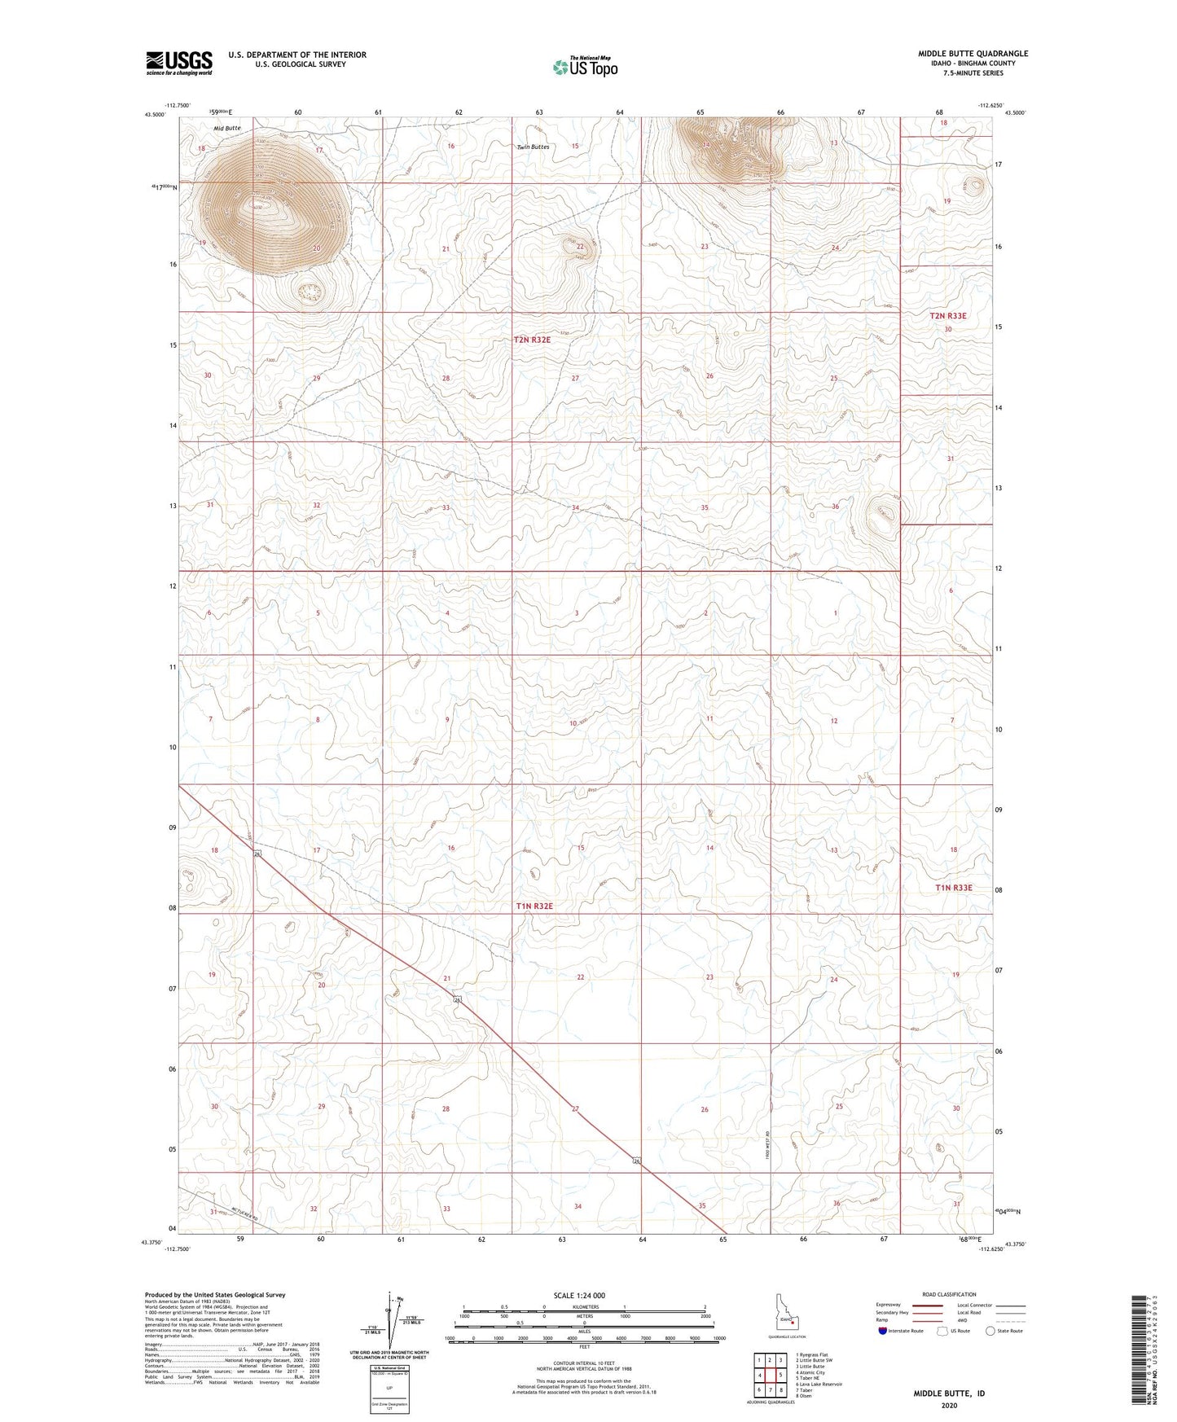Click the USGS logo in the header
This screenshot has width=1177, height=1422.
click(179, 62)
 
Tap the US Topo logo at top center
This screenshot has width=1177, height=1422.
click(584, 67)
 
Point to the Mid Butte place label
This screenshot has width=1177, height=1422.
click(227, 129)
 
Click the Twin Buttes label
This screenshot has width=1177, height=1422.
click(534, 147)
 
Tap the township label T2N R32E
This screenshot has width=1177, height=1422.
click(532, 340)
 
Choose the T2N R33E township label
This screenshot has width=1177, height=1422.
click(948, 316)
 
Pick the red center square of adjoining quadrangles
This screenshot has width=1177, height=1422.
click(770, 1375)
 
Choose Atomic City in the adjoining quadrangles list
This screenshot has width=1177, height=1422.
click(811, 1372)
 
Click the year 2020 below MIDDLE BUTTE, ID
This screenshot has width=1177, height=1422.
click(949, 1405)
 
